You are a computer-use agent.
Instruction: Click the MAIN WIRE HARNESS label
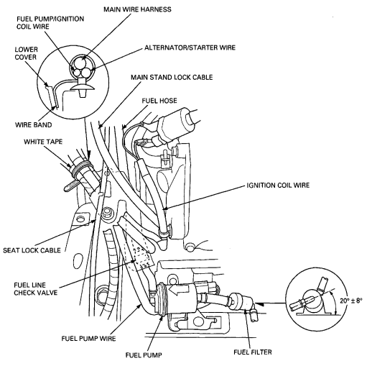pos(137,9)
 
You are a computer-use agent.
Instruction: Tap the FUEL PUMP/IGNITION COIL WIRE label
pos(50,22)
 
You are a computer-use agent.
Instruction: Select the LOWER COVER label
pos(26,53)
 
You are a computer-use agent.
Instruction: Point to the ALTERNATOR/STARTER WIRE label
pos(190,47)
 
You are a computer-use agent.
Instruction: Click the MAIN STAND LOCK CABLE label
pos(172,77)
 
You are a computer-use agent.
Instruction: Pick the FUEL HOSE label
pos(159,101)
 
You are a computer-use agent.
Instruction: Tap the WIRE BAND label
pos(33,124)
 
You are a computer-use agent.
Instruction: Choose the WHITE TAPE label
pos(43,142)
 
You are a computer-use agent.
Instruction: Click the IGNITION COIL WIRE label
pos(278,185)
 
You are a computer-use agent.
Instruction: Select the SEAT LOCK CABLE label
pos(32,250)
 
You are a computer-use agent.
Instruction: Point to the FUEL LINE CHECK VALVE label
pos(36,289)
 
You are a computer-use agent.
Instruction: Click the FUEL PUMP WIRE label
pos(88,338)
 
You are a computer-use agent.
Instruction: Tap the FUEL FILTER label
pos(253,352)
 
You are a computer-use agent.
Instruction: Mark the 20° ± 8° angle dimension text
pos(351,301)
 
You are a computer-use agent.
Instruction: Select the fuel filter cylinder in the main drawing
pos(242,303)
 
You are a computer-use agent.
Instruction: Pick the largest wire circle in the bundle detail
pos(81,63)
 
